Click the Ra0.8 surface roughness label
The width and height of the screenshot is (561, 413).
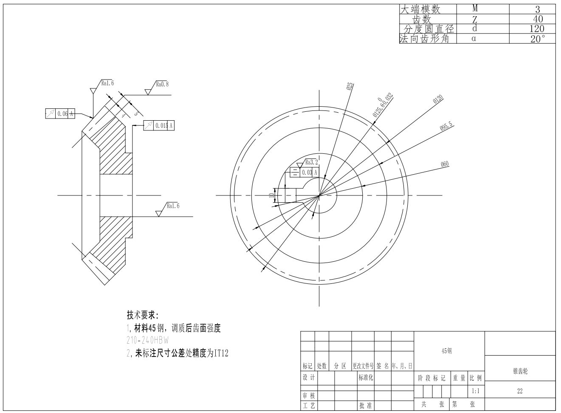[x=162, y=84]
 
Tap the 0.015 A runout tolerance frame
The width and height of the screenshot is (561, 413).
[x=159, y=126]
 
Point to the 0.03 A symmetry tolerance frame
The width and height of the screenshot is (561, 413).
[x=304, y=172]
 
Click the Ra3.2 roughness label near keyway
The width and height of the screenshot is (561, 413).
[x=311, y=162]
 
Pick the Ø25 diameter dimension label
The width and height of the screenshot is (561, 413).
[x=350, y=86]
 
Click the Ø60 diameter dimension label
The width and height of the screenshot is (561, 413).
[x=445, y=164]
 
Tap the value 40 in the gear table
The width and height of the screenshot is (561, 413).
[x=537, y=19]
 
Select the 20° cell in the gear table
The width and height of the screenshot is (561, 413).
[x=537, y=39]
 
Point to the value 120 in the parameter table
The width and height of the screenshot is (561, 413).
[x=537, y=29]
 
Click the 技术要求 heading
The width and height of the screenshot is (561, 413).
[x=143, y=315]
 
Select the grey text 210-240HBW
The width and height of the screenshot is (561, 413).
[x=147, y=340]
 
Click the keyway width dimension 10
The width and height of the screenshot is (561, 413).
[x=271, y=195]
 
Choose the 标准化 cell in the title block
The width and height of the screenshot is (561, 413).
[x=366, y=377]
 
